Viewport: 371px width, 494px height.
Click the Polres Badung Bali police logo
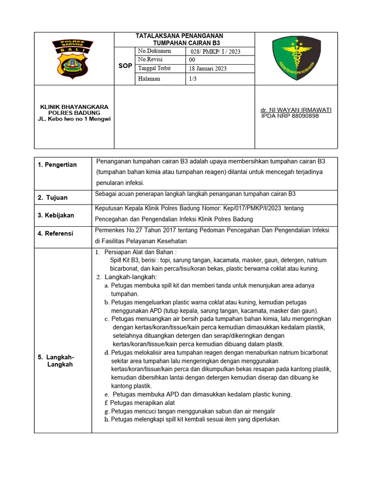click(x=72, y=59)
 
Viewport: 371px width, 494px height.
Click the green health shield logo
click(x=297, y=59)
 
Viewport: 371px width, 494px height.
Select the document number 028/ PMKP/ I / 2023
click(x=215, y=52)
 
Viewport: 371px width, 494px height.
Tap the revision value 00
click(x=192, y=60)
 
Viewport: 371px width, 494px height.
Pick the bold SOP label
click(x=125, y=66)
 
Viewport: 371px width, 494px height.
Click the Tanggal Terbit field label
click(x=155, y=69)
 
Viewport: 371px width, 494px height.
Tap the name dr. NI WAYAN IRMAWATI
click(x=296, y=110)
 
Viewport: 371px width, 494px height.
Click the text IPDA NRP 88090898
click(x=290, y=116)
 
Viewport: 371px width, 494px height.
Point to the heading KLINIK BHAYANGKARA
click(x=74, y=107)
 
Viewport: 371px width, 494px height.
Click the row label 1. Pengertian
click(x=57, y=165)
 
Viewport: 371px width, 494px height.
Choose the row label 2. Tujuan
click(x=53, y=197)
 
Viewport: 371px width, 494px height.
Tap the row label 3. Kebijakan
click(x=56, y=215)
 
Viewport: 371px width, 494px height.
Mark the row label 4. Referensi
click(x=56, y=233)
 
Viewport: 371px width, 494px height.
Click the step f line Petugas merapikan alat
click(x=140, y=402)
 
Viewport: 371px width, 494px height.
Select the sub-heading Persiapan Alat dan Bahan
click(x=140, y=252)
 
